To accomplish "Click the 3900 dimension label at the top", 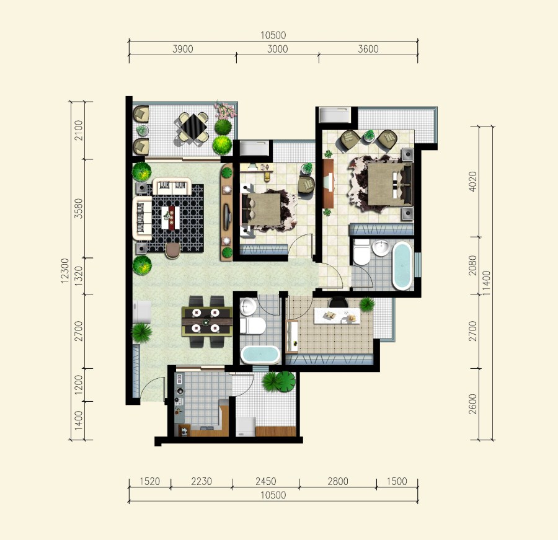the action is (x=182, y=49).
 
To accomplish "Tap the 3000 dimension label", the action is (x=278, y=49).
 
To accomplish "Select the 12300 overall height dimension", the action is (x=64, y=271).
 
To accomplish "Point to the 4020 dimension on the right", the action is (x=472, y=182).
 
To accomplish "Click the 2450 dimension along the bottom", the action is (x=266, y=481).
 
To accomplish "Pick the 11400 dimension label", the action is (x=486, y=283).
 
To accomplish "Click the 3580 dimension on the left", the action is (x=79, y=208).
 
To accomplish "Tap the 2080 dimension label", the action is (x=472, y=265).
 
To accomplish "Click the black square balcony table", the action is (x=193, y=126).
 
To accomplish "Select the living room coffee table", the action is (x=170, y=218).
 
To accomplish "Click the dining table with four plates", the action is (x=206, y=321).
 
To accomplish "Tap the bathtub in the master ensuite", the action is (x=402, y=265).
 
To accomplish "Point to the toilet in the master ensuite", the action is (x=362, y=252).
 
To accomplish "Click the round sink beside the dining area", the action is (x=248, y=306).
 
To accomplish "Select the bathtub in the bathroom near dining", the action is (x=260, y=355).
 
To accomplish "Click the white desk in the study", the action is (x=337, y=316).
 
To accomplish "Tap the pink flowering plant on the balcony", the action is (x=225, y=110).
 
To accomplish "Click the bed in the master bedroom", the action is (x=390, y=184).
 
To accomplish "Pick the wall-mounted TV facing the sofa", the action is (x=226, y=216).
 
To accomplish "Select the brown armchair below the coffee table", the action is (x=172, y=250).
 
